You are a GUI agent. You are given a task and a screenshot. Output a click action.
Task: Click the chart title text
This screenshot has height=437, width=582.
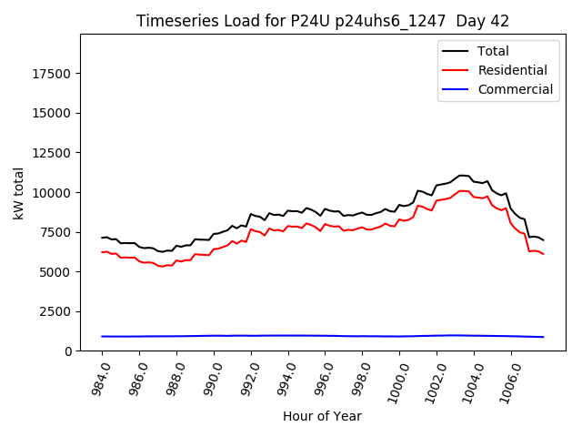[323, 21]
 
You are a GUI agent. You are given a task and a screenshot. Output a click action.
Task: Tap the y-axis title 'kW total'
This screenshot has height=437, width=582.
[18, 193]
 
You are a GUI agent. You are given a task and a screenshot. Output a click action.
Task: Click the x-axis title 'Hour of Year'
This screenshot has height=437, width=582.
[322, 416]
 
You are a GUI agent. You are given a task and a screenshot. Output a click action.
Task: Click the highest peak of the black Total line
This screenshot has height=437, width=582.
[460, 175]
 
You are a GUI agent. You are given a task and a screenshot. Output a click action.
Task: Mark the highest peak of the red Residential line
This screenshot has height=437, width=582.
[460, 190]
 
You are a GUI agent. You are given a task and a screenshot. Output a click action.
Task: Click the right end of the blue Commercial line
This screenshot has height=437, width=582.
[543, 337]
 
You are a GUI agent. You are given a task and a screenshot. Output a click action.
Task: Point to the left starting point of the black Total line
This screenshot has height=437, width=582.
[102, 238]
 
